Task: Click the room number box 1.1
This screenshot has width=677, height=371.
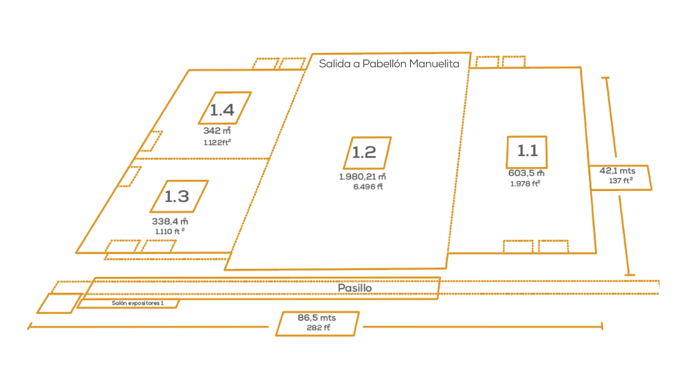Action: pos(527,151)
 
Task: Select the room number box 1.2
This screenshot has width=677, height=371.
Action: pos(368,153)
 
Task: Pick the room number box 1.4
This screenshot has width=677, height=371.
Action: pos(224,108)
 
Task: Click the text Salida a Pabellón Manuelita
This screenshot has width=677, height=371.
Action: pos(389,64)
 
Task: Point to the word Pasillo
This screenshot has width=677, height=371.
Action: pos(355,288)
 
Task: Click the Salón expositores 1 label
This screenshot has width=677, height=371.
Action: pos(137,303)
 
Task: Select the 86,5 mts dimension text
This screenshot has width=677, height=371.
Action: pos(317,318)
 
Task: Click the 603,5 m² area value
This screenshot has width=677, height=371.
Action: pos(526,173)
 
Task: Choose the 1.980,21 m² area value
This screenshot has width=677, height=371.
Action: pos(362,177)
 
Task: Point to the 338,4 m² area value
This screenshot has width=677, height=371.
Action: pos(170,221)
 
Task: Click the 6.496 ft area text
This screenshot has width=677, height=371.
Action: pos(365,187)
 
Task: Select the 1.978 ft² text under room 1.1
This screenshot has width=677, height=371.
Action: pos(526,183)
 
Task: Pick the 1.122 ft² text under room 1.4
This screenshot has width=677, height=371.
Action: pos(217,142)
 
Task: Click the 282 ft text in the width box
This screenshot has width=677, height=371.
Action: pos(318,328)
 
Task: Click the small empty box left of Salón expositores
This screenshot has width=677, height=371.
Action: pos(59,303)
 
